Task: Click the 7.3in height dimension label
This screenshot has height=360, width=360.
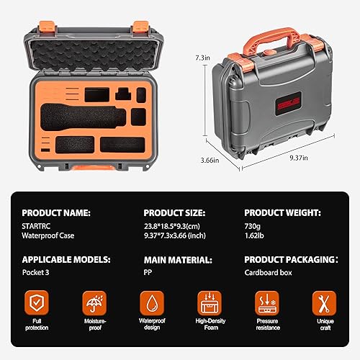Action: point(204,56)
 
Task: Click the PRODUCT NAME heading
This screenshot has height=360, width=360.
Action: point(56,213)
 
